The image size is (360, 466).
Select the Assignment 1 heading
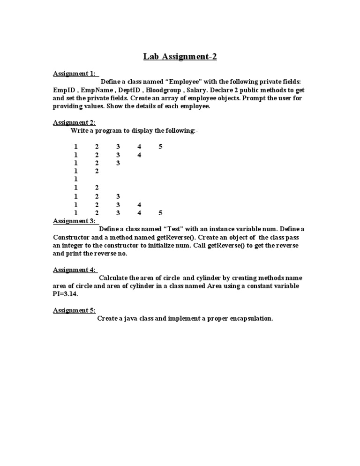coord(75,74)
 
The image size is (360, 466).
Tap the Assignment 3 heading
coord(75,221)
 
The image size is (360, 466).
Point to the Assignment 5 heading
coord(75,310)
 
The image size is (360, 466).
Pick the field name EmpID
coord(62,90)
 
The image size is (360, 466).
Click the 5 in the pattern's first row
coord(160,147)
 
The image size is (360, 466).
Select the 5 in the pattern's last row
coord(160,213)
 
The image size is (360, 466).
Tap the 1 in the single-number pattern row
coord(75,180)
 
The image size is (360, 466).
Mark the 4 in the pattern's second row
coord(139,155)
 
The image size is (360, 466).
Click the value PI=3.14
coord(65,294)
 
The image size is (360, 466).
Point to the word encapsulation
coord(248,319)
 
